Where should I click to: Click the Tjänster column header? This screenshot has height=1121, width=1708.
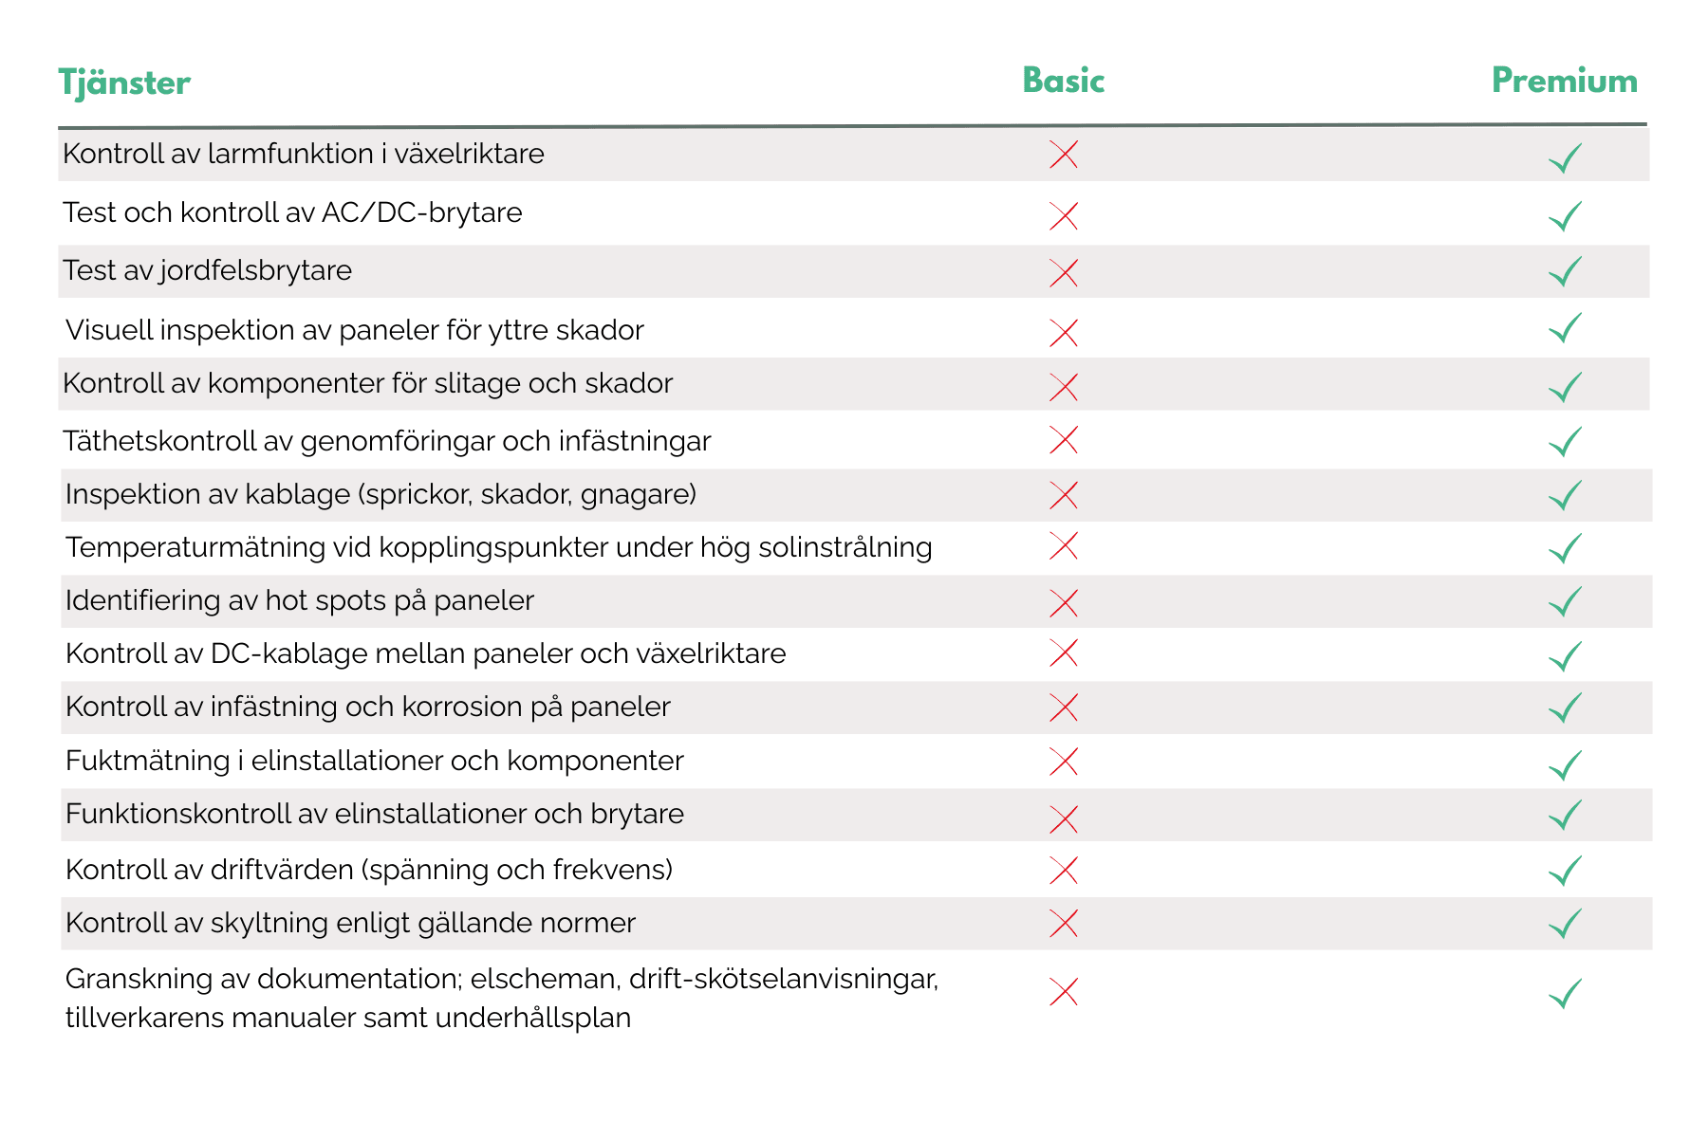pos(124,83)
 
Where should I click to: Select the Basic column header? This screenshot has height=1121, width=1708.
pos(1063,81)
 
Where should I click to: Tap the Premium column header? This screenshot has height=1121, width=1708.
pos(1564,81)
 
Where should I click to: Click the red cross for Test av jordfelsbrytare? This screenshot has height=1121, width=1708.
pos(1064,273)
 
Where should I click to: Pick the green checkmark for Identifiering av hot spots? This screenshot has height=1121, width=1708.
pos(1565,601)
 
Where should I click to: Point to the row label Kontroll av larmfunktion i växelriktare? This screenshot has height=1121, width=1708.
pos(303,154)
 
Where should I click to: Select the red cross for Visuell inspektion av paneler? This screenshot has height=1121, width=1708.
pos(1064,333)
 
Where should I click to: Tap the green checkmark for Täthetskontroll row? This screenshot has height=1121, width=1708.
pos(1565,441)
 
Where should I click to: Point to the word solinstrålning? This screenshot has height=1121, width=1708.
pos(845,547)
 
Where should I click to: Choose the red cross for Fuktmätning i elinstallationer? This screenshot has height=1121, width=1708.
pos(1064,762)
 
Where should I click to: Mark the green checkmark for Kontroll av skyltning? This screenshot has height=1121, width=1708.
pos(1565,923)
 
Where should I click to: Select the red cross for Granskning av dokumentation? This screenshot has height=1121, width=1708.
pos(1064,992)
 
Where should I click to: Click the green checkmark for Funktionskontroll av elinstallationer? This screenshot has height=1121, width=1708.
pos(1565,815)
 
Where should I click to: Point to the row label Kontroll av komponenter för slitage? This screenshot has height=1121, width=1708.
pos(367,383)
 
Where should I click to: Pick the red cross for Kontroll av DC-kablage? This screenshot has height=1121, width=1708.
pos(1064,653)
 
